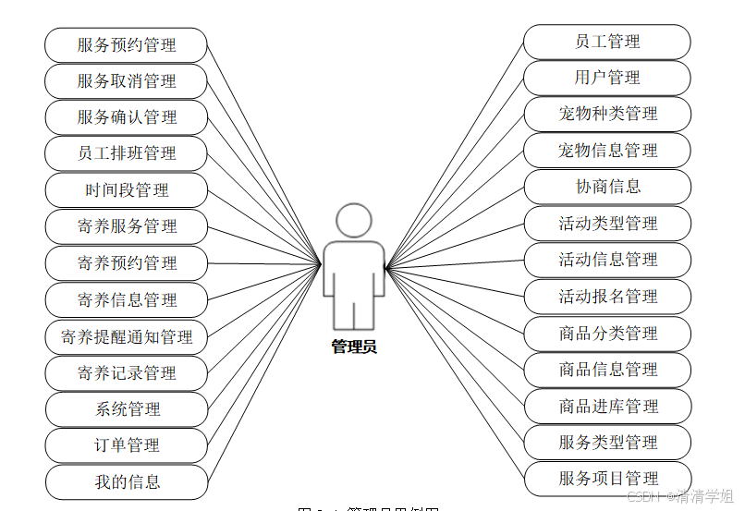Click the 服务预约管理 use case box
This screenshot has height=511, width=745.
click(127, 44)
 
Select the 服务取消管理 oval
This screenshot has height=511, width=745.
click(127, 81)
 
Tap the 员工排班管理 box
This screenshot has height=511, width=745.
click(127, 153)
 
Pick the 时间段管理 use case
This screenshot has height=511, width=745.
click(127, 190)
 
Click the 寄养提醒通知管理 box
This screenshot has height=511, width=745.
click(127, 336)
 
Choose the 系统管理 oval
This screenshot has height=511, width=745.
click(127, 409)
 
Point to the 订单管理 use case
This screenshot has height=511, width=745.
click(127, 445)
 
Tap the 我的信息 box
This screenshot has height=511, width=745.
click(127, 481)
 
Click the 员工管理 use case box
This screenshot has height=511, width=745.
click(606, 42)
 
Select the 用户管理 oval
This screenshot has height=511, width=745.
click(606, 78)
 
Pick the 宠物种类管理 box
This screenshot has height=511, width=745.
click(606, 114)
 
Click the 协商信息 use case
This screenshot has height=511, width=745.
click(606, 187)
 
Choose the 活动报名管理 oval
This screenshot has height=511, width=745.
click(606, 297)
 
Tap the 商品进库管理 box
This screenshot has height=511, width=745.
click(606, 407)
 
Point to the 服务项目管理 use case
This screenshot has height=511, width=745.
click(606, 479)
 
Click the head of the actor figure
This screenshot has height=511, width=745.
click(354, 220)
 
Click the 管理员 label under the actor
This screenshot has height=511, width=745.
click(354, 347)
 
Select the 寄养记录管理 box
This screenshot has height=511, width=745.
click(127, 373)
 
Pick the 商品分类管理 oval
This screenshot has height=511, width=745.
click(606, 334)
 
